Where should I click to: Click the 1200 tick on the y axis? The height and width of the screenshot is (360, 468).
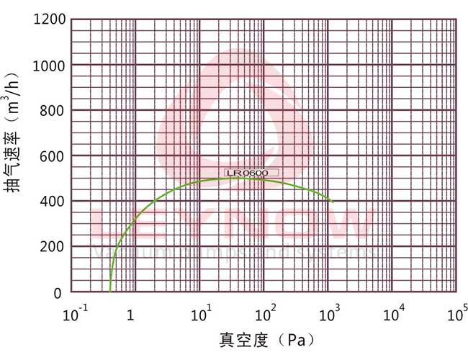click(50, 19)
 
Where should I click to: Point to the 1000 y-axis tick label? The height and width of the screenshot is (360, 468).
click(50, 66)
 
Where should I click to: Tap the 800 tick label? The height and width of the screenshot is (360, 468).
click(53, 111)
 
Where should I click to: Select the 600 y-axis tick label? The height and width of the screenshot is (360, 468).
click(53, 156)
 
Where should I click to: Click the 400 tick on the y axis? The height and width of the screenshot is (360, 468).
click(53, 202)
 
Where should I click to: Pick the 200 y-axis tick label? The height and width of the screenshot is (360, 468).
click(53, 247)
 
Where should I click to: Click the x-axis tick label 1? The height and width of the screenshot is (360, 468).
click(130, 316)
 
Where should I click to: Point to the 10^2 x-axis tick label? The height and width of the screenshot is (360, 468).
click(266, 315)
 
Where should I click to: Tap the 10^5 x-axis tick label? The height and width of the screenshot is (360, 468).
click(457, 315)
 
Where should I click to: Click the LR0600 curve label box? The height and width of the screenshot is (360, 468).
click(247, 173)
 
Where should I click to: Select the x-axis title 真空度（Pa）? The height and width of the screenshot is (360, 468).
click(266, 339)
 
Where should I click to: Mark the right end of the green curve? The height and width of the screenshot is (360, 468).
click(333, 202)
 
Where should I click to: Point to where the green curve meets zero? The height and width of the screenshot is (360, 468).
click(110, 291)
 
